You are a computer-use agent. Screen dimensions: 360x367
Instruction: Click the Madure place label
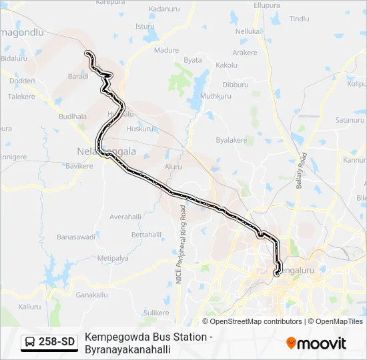167,50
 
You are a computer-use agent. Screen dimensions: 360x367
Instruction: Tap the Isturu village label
145,27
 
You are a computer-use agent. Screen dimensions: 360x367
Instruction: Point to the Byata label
193,60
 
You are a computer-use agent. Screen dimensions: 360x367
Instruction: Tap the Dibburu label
235,85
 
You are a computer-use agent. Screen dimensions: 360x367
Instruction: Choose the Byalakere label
232,140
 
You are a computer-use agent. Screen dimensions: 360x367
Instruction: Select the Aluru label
173,167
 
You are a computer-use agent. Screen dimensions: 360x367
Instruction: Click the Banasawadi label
75,237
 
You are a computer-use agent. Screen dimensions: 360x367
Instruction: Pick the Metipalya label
113,257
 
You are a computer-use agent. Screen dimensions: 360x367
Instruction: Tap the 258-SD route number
57,343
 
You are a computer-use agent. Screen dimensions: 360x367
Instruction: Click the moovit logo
316,343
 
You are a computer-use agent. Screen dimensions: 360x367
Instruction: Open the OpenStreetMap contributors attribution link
256,321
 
